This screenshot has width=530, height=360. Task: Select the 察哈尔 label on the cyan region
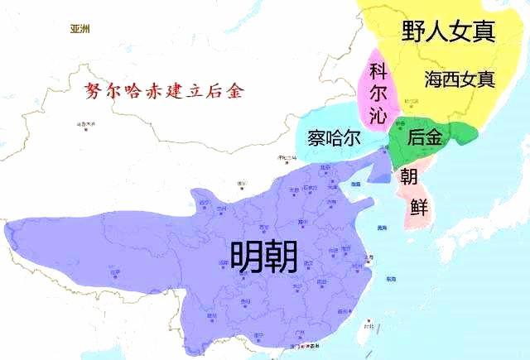329,137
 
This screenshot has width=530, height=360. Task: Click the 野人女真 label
448,31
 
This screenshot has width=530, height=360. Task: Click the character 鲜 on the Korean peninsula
418,207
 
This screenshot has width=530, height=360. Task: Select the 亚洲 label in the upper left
80,29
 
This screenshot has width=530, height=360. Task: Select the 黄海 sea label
381,227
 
